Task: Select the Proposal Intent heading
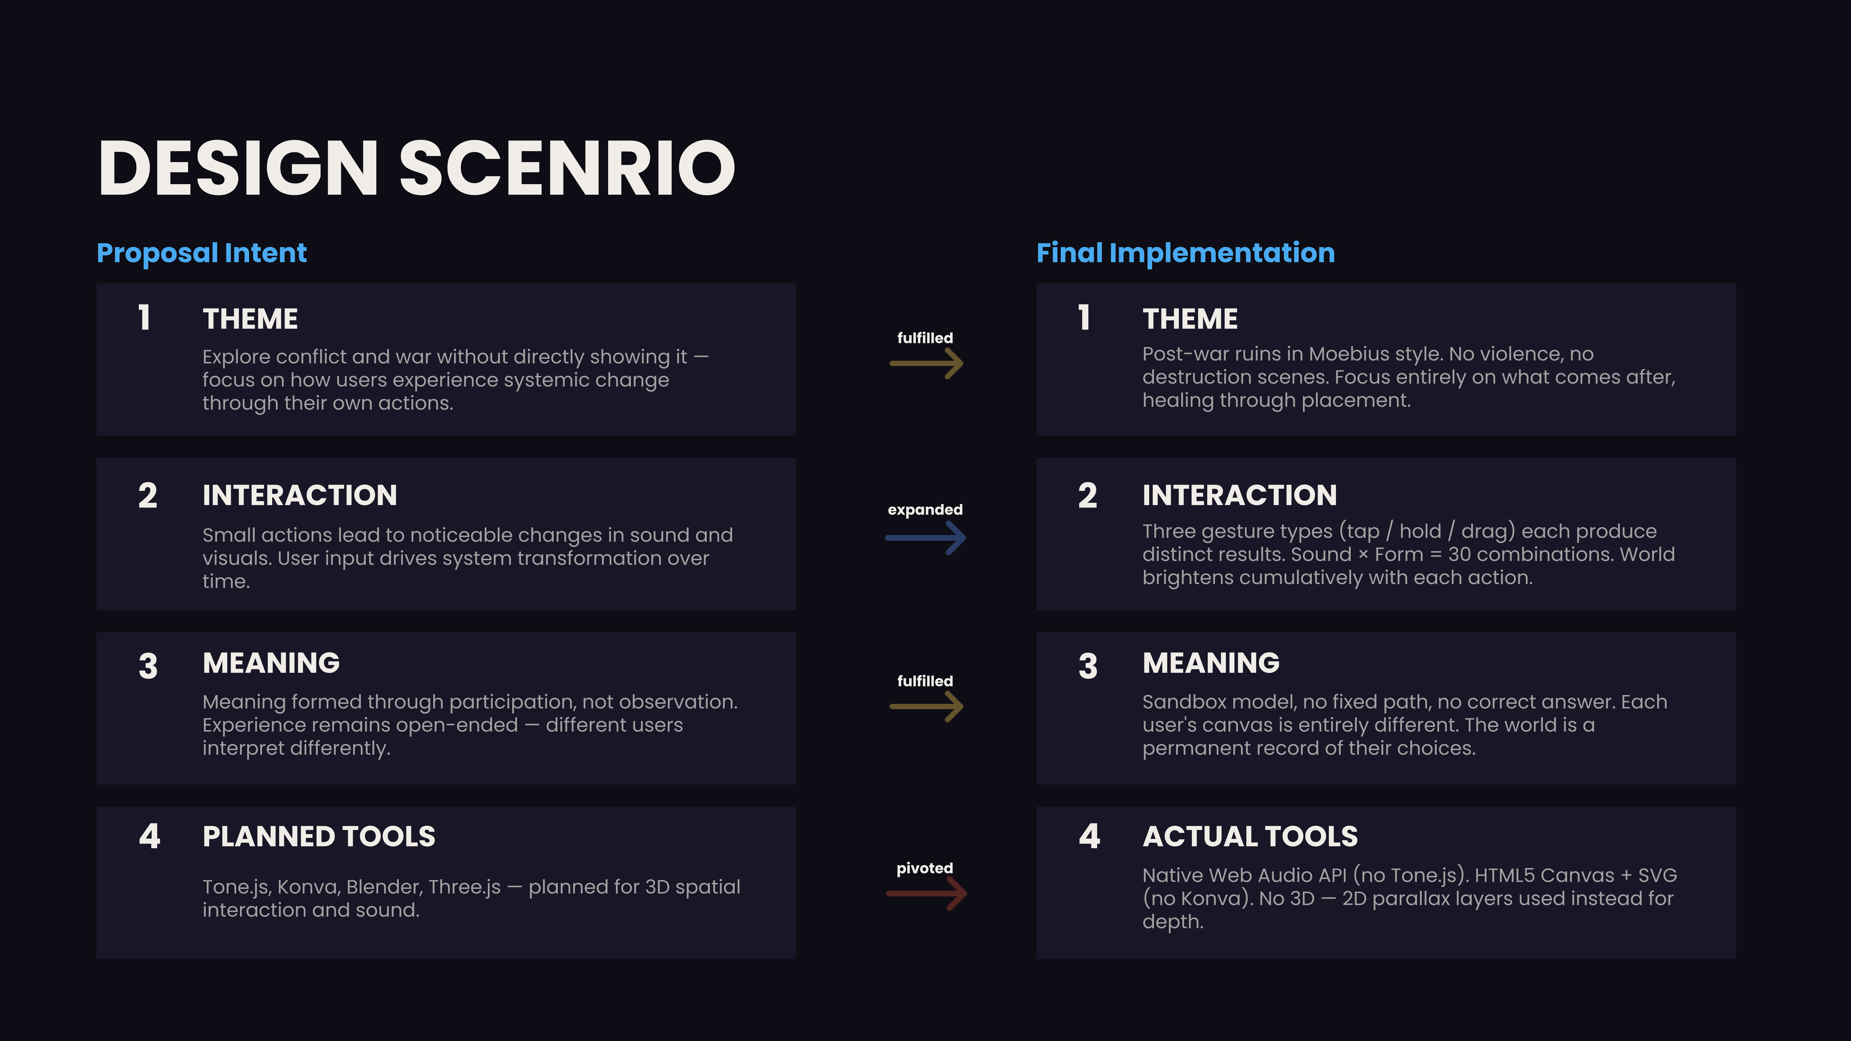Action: pyautogui.click(x=202, y=253)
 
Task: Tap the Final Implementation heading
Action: pyautogui.click(x=1186, y=253)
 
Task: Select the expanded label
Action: pyautogui.click(x=925, y=509)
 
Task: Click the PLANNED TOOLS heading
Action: pyautogui.click(x=319, y=836)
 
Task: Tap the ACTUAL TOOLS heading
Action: pyautogui.click(x=1250, y=836)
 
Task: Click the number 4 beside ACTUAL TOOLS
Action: pyautogui.click(x=1089, y=836)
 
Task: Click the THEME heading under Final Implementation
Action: pyautogui.click(x=1190, y=319)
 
